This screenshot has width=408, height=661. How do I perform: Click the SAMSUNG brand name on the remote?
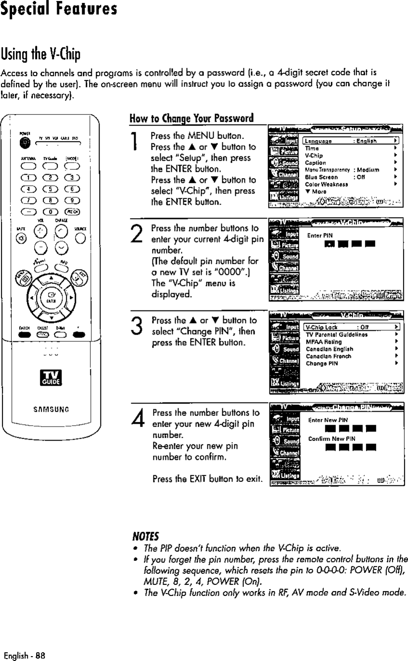point(50,411)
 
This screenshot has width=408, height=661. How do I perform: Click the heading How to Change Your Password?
point(191,118)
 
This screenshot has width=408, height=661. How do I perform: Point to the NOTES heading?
point(146,535)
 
